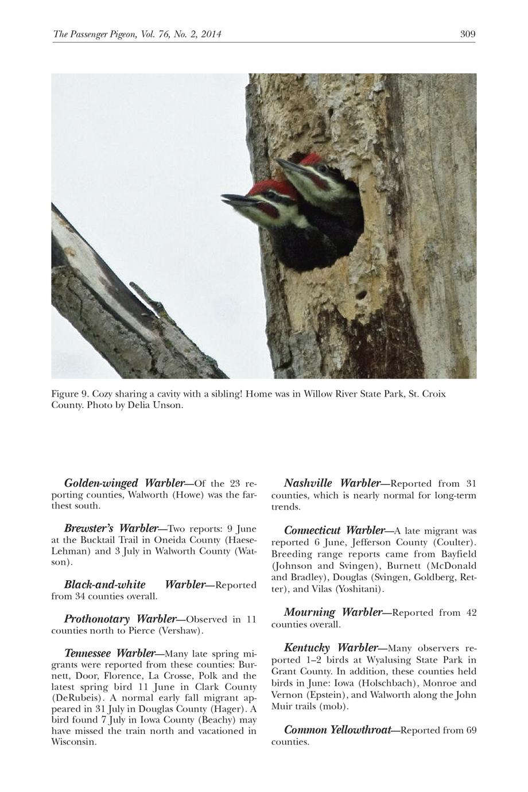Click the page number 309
(468, 34)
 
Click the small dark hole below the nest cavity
(362, 295)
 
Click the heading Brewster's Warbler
(111, 528)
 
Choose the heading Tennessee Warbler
(110, 653)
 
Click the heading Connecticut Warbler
(334, 530)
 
